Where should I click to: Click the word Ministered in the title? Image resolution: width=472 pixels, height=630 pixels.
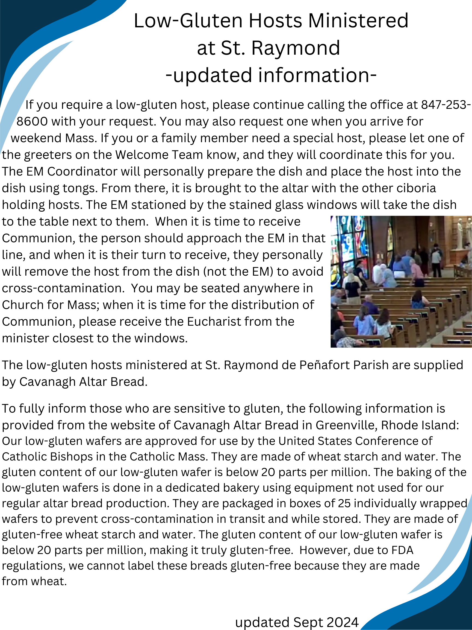click(358, 21)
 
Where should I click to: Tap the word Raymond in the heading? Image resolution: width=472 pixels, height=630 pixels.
click(296, 48)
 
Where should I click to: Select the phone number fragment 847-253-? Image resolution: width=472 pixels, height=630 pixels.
click(446, 105)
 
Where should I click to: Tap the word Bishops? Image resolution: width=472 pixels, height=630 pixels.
click(71, 457)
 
